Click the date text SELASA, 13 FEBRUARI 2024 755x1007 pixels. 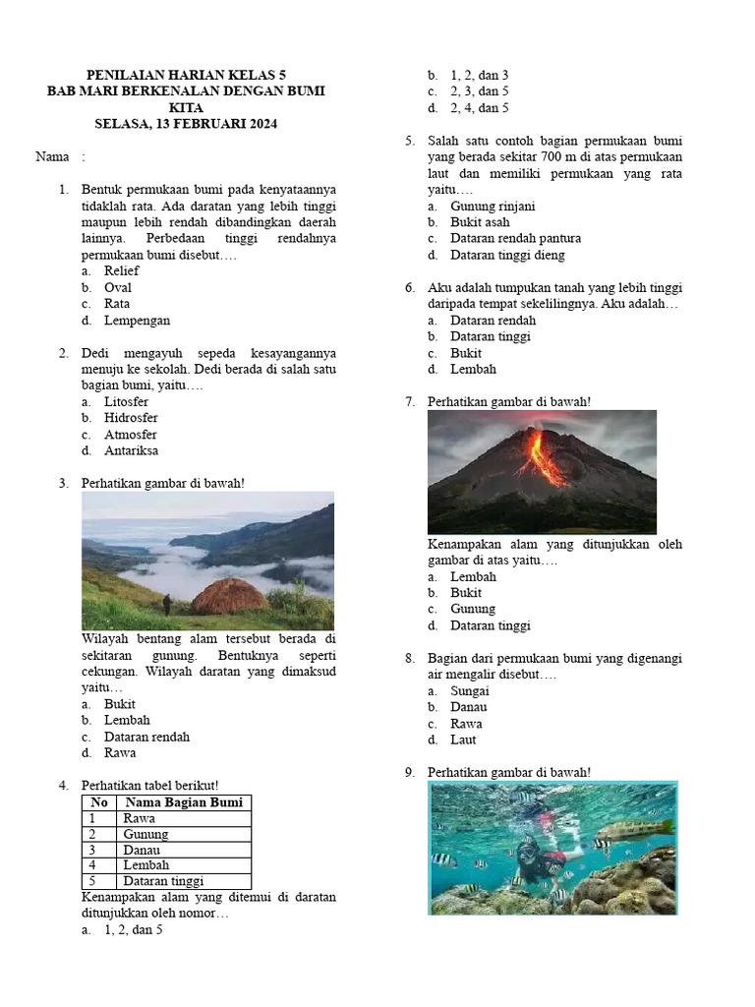click(x=186, y=124)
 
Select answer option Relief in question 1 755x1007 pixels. click(x=121, y=270)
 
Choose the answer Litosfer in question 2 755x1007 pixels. click(x=126, y=401)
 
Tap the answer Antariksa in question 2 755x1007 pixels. click(x=131, y=450)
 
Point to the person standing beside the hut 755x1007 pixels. click(x=167, y=603)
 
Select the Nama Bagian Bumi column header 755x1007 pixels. click(x=183, y=802)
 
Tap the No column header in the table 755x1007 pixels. click(x=98, y=802)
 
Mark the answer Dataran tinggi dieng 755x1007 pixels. click(x=507, y=255)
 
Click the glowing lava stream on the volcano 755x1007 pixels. click(x=544, y=457)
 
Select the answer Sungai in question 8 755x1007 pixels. click(x=469, y=690)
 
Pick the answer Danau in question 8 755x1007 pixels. click(x=468, y=707)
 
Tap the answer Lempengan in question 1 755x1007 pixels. click(x=137, y=320)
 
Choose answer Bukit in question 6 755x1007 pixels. click(x=466, y=353)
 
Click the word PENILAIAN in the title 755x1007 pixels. click(x=125, y=75)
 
